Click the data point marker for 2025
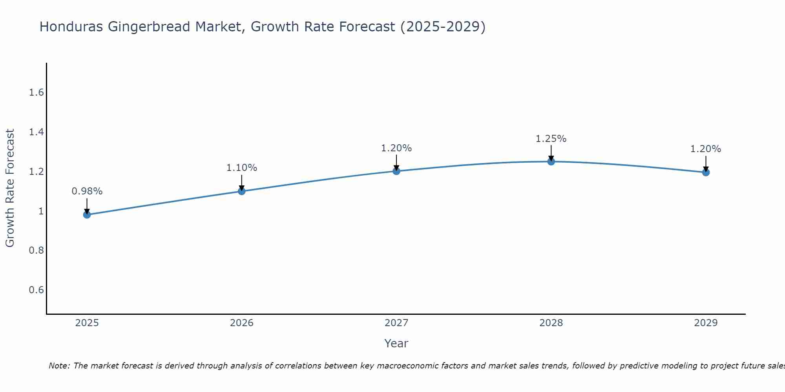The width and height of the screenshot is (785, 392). (87, 214)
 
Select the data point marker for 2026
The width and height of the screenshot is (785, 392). (241, 191)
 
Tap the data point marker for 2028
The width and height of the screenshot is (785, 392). (551, 162)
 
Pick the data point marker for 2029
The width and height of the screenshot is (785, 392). (706, 172)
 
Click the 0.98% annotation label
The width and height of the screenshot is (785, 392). (87, 191)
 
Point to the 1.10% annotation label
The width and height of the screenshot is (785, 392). (241, 168)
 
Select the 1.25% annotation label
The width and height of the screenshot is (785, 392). (551, 139)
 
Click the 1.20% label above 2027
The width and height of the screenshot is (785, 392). (396, 148)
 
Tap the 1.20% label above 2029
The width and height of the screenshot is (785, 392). (706, 149)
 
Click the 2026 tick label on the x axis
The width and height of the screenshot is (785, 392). (241, 323)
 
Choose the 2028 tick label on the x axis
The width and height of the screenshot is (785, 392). (551, 323)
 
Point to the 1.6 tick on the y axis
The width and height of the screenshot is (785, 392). (36, 93)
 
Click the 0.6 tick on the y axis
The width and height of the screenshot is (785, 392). (36, 290)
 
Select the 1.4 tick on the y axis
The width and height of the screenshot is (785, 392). (36, 132)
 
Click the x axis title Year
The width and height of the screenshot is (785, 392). (396, 343)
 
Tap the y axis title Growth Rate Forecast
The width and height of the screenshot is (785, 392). (10, 188)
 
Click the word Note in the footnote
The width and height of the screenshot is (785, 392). (59, 366)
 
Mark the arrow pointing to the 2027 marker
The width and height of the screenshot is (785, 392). (396, 162)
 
